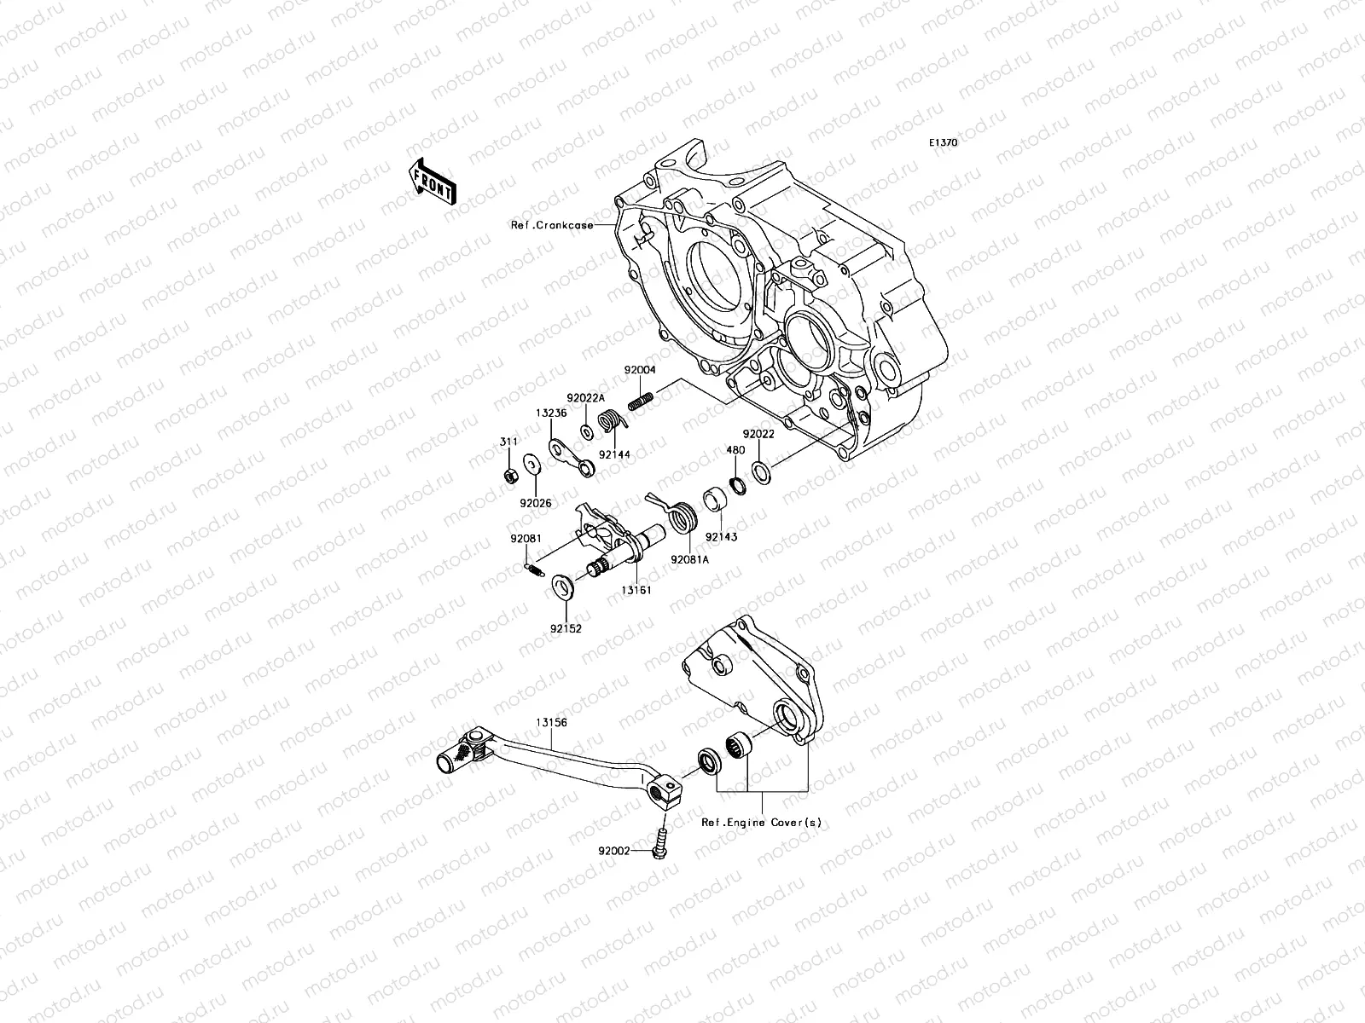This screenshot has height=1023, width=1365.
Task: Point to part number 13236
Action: click(551, 412)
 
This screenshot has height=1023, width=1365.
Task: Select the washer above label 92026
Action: click(531, 465)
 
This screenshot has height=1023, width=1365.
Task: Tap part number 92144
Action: click(614, 455)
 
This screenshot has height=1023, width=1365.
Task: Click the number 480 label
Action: click(735, 451)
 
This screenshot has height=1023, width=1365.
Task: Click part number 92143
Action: click(720, 537)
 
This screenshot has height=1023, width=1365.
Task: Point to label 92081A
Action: click(690, 560)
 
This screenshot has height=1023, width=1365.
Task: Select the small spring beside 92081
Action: click(531, 568)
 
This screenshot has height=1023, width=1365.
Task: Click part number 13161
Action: click(636, 589)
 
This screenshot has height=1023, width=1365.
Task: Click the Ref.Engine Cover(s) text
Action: click(761, 823)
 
